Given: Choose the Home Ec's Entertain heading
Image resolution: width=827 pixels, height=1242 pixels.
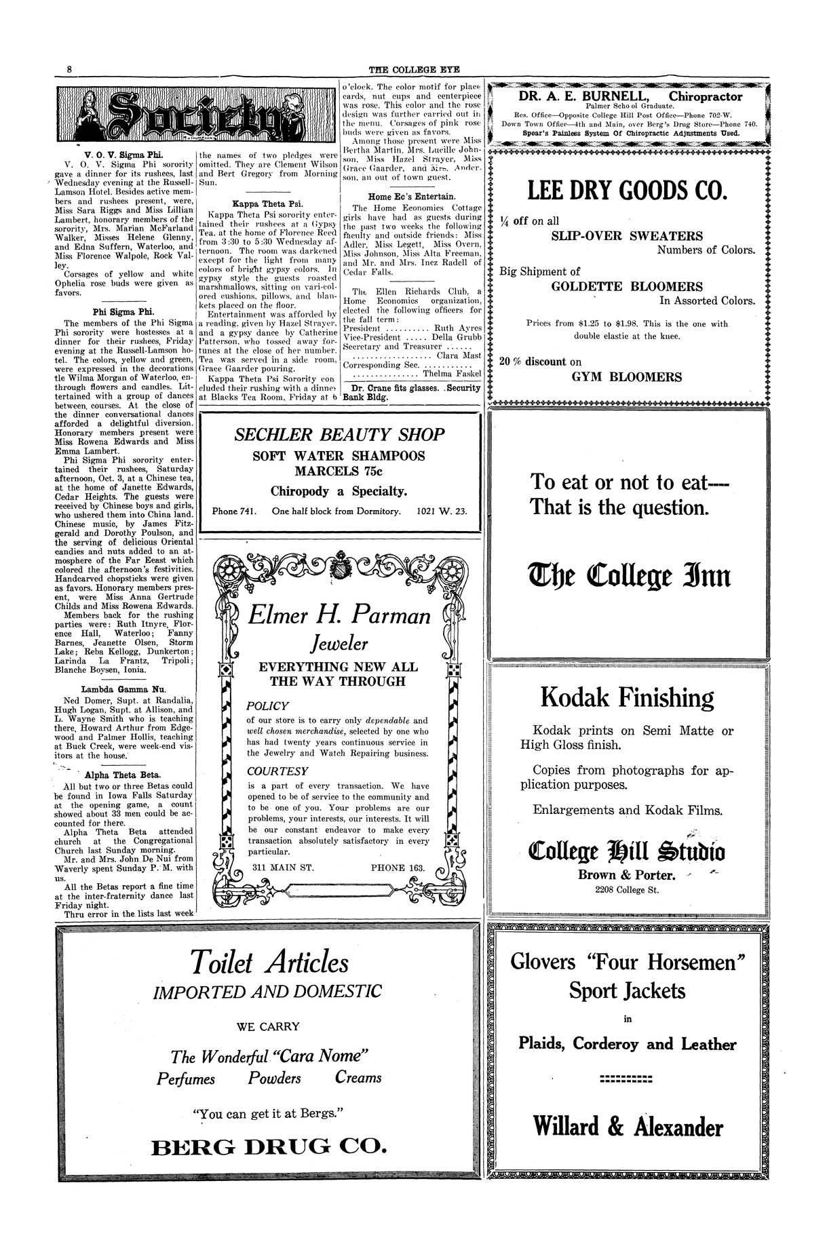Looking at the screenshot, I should click(x=412, y=197).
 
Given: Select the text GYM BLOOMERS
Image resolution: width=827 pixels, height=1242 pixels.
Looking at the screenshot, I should click(x=626, y=377).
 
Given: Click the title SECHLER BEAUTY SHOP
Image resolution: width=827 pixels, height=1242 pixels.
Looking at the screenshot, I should click(x=339, y=435).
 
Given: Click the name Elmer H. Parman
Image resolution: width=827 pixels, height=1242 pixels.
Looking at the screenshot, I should click(x=339, y=616).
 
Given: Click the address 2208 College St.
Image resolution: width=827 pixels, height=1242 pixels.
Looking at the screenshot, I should click(x=626, y=889).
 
